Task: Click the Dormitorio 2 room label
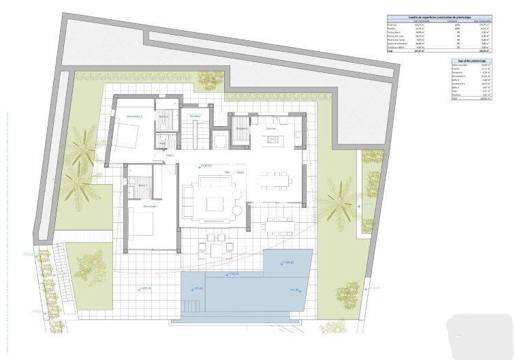[134, 117]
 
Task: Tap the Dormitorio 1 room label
[151, 206]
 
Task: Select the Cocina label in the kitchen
[270, 127]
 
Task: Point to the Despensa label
[242, 128]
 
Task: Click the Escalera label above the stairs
[195, 117]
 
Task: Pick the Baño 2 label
[163, 117]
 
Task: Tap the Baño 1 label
[143, 185]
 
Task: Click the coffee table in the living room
[215, 203]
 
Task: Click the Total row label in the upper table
[390, 50]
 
